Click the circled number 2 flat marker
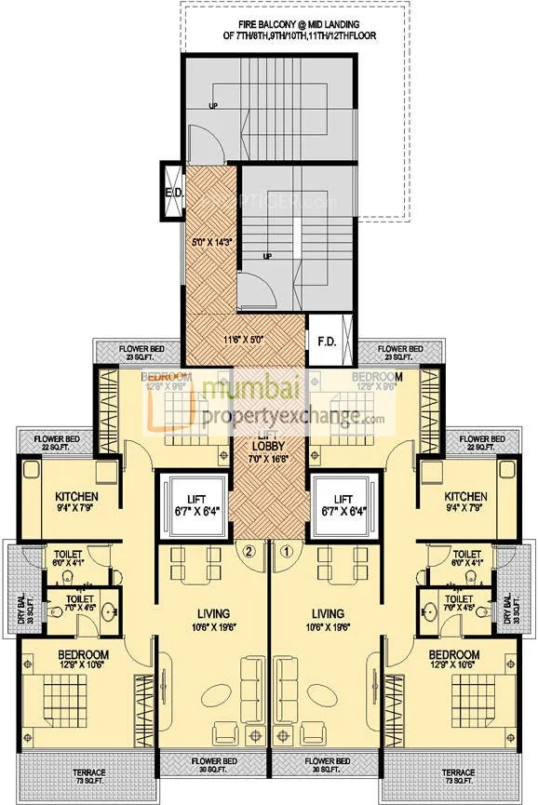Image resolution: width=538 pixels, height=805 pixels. tap(249, 550)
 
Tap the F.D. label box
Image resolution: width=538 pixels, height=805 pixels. tap(328, 342)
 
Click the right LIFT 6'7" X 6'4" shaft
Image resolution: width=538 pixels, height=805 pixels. tap(344, 506)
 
